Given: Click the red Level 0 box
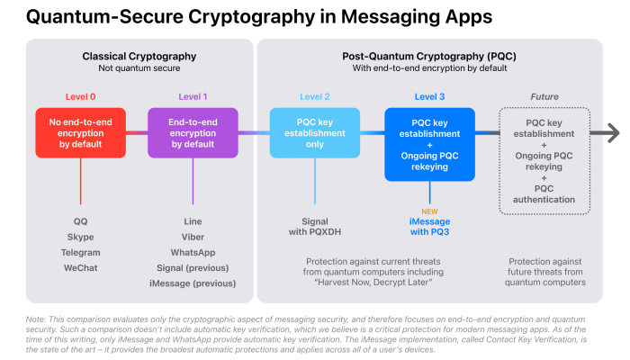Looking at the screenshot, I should (80, 133).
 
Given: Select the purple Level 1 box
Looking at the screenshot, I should (193, 133).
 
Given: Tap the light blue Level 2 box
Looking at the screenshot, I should (315, 133).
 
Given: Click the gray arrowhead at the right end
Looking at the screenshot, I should (612, 133).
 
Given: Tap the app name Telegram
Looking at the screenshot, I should (80, 252).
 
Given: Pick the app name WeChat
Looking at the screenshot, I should (80, 268).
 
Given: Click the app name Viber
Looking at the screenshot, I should (193, 237).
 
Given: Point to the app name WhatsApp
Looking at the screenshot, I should (193, 252).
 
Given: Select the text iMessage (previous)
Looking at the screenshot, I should (193, 284).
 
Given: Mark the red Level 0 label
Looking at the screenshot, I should (80, 96).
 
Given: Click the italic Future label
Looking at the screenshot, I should (544, 96).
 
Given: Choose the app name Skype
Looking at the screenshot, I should (80, 237).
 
